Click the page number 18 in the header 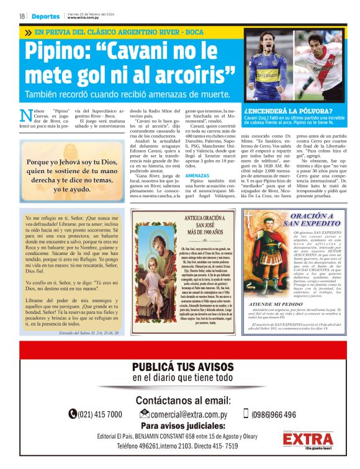pos(22,16)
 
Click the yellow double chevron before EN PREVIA pos(28,32)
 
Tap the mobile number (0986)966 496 pos(273,414)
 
